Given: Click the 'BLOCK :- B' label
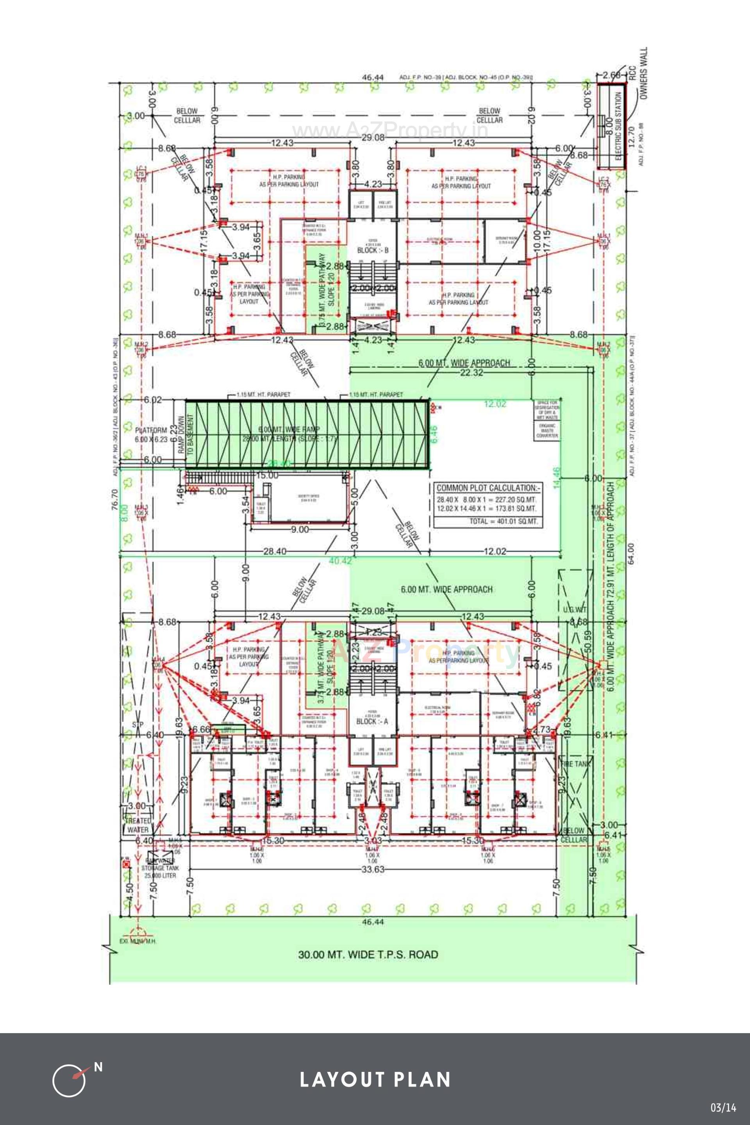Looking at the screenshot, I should tap(373, 250).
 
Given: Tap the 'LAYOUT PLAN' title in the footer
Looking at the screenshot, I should tap(375, 1080).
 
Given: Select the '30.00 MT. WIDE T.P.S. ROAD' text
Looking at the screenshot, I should tap(368, 954).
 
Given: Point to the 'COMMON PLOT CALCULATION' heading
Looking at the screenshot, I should tap(488, 488).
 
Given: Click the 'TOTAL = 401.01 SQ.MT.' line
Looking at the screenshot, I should tap(503, 521).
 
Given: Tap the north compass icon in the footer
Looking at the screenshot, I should tap(70, 1080).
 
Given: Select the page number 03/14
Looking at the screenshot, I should tap(723, 1107).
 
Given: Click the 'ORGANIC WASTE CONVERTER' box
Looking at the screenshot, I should tap(547, 430).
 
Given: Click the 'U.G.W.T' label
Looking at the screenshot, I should tap(574, 609).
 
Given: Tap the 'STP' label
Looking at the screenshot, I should tap(138, 724).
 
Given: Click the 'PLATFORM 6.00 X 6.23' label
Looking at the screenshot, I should tap(151, 435).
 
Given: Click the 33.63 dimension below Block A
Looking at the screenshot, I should tap(373, 869).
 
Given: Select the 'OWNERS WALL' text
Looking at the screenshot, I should tap(643, 73).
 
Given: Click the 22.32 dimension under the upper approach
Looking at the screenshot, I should tap(471, 373).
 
